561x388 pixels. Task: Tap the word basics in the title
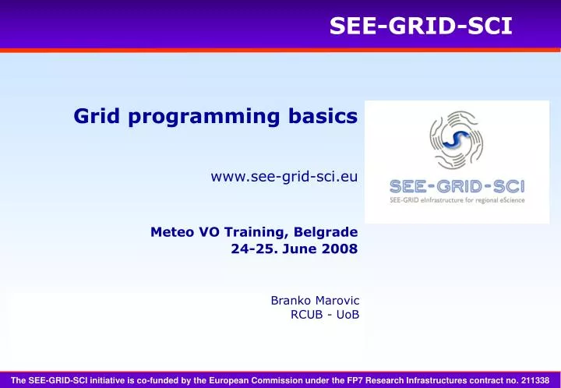(328, 117)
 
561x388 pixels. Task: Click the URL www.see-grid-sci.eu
(284, 177)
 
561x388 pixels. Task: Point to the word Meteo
(170, 231)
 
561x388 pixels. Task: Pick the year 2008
(340, 249)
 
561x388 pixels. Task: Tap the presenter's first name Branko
(290, 300)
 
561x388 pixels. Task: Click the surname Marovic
(336, 300)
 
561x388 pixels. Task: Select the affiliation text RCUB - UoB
(324, 315)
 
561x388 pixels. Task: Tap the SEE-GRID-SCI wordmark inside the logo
(457, 186)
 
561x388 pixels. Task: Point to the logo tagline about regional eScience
(457, 200)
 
